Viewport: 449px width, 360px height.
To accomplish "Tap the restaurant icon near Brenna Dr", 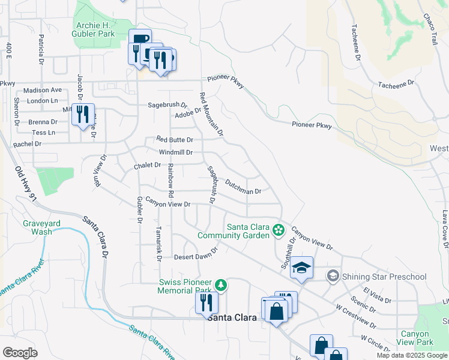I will point(82,114).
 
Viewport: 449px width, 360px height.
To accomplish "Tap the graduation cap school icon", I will point(303,267).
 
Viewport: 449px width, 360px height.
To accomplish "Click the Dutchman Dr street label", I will point(243,187).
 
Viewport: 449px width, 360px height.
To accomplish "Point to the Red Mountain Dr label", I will point(211,113).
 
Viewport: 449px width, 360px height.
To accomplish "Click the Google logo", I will point(20,353).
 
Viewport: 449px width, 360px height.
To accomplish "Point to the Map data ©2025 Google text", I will point(411,355).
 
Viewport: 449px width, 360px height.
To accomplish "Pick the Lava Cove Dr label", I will point(445,228).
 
